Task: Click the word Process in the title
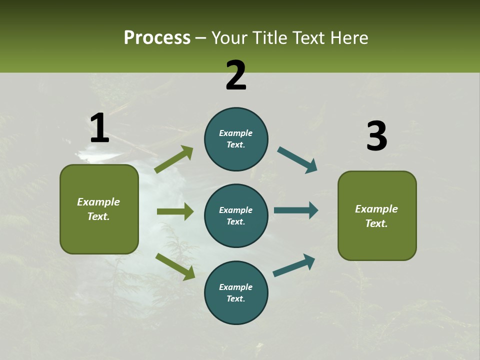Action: point(157,38)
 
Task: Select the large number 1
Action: point(99,128)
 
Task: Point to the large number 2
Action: point(236,75)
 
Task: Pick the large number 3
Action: point(376,136)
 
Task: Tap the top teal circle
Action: point(236,139)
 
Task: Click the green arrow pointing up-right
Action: point(174,159)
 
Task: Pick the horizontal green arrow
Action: point(175,211)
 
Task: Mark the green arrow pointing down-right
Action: point(175,266)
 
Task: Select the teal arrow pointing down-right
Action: point(297,160)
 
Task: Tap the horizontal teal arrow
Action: point(296,210)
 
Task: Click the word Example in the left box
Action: point(98,202)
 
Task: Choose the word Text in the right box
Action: point(375,223)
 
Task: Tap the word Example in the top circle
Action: point(235,133)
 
